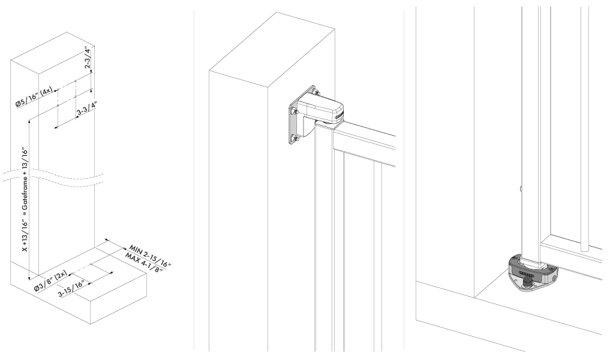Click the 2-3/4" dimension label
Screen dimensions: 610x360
click(x=88, y=58)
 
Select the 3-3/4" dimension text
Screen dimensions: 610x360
click(x=87, y=109)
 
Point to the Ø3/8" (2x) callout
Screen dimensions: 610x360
click(x=50, y=281)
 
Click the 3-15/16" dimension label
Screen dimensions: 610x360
click(x=71, y=289)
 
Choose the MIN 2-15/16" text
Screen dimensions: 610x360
click(x=150, y=256)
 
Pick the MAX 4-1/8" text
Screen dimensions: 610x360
click(x=143, y=263)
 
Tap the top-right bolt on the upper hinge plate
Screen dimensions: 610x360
click(x=315, y=92)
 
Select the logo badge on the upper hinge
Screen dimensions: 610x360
click(x=338, y=116)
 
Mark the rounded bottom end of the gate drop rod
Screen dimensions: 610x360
click(x=584, y=249)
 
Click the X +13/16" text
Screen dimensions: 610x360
click(x=25, y=236)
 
